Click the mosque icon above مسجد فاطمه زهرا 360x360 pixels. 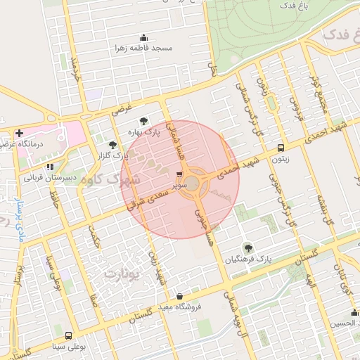pos(144,38)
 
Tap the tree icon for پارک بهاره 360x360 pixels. pos(144,121)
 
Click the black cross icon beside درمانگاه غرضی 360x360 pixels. pos(19,132)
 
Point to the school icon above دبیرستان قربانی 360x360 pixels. pos(49,167)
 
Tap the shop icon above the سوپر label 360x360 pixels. pos(179,174)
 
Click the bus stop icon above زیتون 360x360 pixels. pos(281,148)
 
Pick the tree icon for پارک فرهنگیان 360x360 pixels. pos(247,247)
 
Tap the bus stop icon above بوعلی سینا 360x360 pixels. pos(68,335)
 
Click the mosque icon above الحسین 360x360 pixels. pos(353,313)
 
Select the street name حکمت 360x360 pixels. pos(94,236)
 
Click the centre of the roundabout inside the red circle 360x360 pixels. pos(192,184)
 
